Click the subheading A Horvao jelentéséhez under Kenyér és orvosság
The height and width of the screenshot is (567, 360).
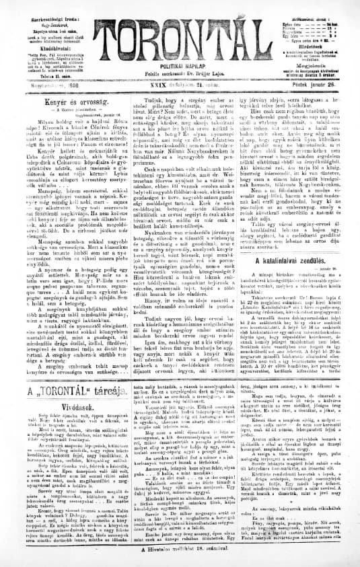65,98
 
